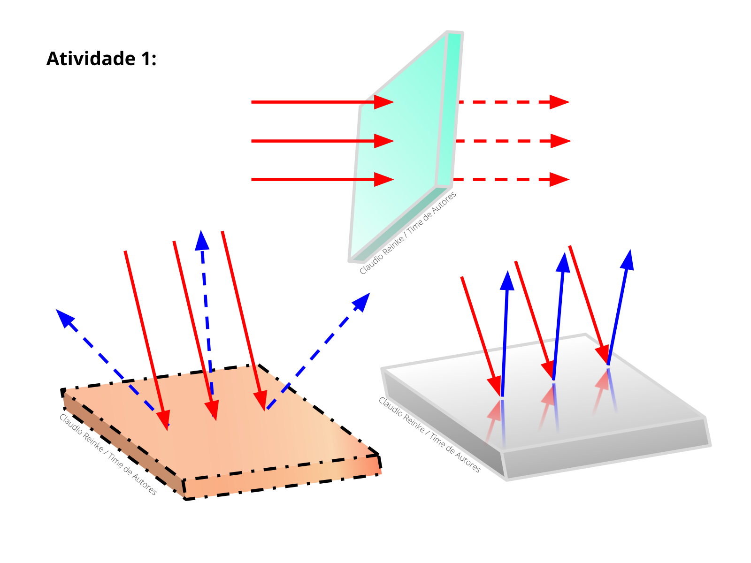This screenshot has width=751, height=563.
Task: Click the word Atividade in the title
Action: pos(91,59)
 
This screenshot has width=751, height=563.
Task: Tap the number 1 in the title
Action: pos(145,59)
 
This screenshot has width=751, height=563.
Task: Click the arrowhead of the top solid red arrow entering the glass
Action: pos(383,102)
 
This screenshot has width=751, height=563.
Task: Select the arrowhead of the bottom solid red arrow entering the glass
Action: pos(383,180)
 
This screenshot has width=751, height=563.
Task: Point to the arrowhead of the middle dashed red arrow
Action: pos(560,141)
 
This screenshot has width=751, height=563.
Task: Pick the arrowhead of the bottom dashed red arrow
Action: pos(559,180)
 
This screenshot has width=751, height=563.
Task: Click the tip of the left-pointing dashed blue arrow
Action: pos(56,310)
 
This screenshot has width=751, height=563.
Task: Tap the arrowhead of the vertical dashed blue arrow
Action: pos(202,241)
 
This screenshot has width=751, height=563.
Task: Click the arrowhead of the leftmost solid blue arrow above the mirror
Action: pos(507,281)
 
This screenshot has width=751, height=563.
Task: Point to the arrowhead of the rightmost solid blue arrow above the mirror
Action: pos(628,260)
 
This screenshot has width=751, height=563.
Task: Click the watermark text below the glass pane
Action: pos(407,233)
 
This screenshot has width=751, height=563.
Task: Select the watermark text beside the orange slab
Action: pos(108,454)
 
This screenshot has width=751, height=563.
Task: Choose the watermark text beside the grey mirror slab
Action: pos(429,434)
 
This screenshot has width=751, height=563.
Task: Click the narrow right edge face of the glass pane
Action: pos(449,109)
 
